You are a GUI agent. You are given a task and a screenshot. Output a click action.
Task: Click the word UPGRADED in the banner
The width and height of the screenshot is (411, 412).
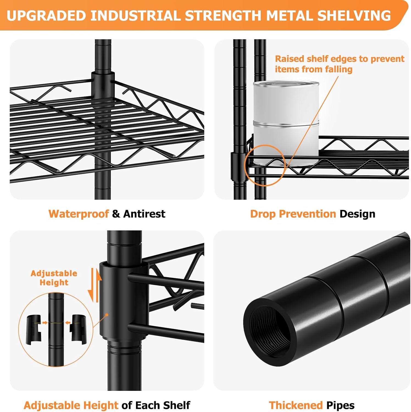(46, 16)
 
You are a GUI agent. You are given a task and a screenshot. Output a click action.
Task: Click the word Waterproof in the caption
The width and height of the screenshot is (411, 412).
(79, 214)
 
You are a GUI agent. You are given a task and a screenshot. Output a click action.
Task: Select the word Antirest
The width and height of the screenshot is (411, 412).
(144, 214)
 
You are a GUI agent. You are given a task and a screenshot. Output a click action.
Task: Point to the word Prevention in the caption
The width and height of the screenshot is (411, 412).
(307, 214)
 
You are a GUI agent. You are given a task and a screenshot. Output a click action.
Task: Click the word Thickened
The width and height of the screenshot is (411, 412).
(296, 405)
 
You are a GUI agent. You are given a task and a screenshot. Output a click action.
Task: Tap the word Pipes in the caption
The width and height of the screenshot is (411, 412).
(340, 406)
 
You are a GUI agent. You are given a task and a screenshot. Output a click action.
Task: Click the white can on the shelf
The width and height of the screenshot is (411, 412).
(286, 123)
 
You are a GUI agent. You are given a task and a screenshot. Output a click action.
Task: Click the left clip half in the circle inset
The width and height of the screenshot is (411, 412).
(34, 329)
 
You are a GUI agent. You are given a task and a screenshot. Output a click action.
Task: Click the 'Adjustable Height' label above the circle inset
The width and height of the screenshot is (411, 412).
(54, 278)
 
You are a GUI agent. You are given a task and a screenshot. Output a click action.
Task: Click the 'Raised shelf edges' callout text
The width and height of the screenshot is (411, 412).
(340, 64)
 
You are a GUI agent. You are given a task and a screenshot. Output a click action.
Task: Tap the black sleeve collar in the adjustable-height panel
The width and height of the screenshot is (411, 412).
(124, 300)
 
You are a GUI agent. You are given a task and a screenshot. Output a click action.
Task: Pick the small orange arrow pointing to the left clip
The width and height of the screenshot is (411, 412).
(45, 322)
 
